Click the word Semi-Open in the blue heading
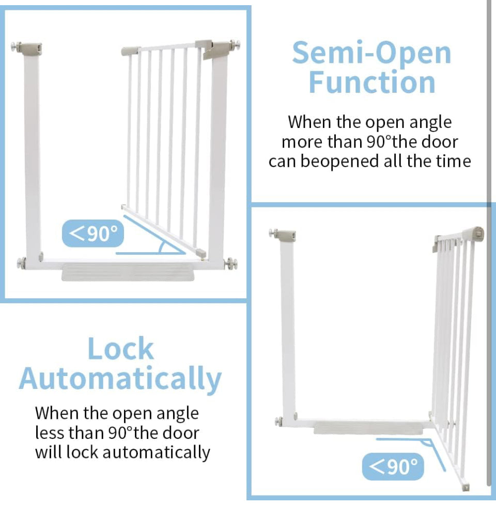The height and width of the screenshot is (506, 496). [371, 53]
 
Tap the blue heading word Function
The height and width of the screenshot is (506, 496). [372, 83]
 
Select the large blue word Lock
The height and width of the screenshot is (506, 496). [121, 349]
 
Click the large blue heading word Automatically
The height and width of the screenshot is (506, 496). [120, 379]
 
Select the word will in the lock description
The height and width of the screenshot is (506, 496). [48, 452]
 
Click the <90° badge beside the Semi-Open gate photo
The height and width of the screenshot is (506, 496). [94, 234]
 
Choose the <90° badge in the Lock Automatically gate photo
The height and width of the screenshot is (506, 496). [393, 467]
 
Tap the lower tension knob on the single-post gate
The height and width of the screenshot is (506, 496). [280, 422]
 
